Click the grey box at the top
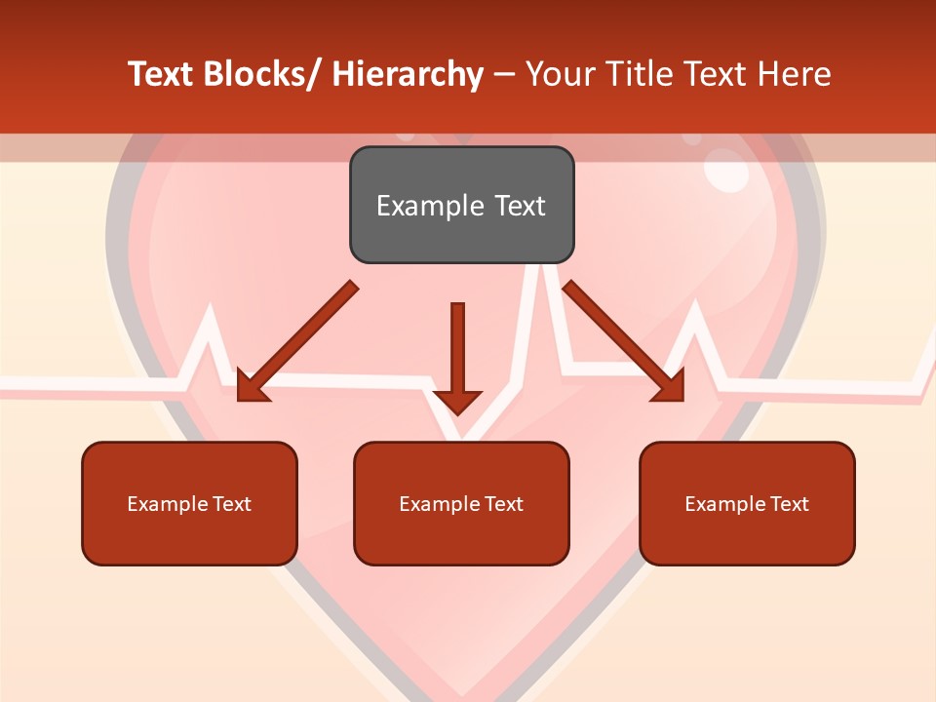(x=461, y=205)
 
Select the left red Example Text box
(x=189, y=503)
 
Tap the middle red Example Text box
(x=461, y=503)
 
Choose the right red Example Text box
(x=747, y=503)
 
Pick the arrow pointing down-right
(x=624, y=341)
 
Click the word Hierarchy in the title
(x=408, y=74)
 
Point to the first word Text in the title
(x=162, y=74)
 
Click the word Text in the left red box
(x=231, y=504)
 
